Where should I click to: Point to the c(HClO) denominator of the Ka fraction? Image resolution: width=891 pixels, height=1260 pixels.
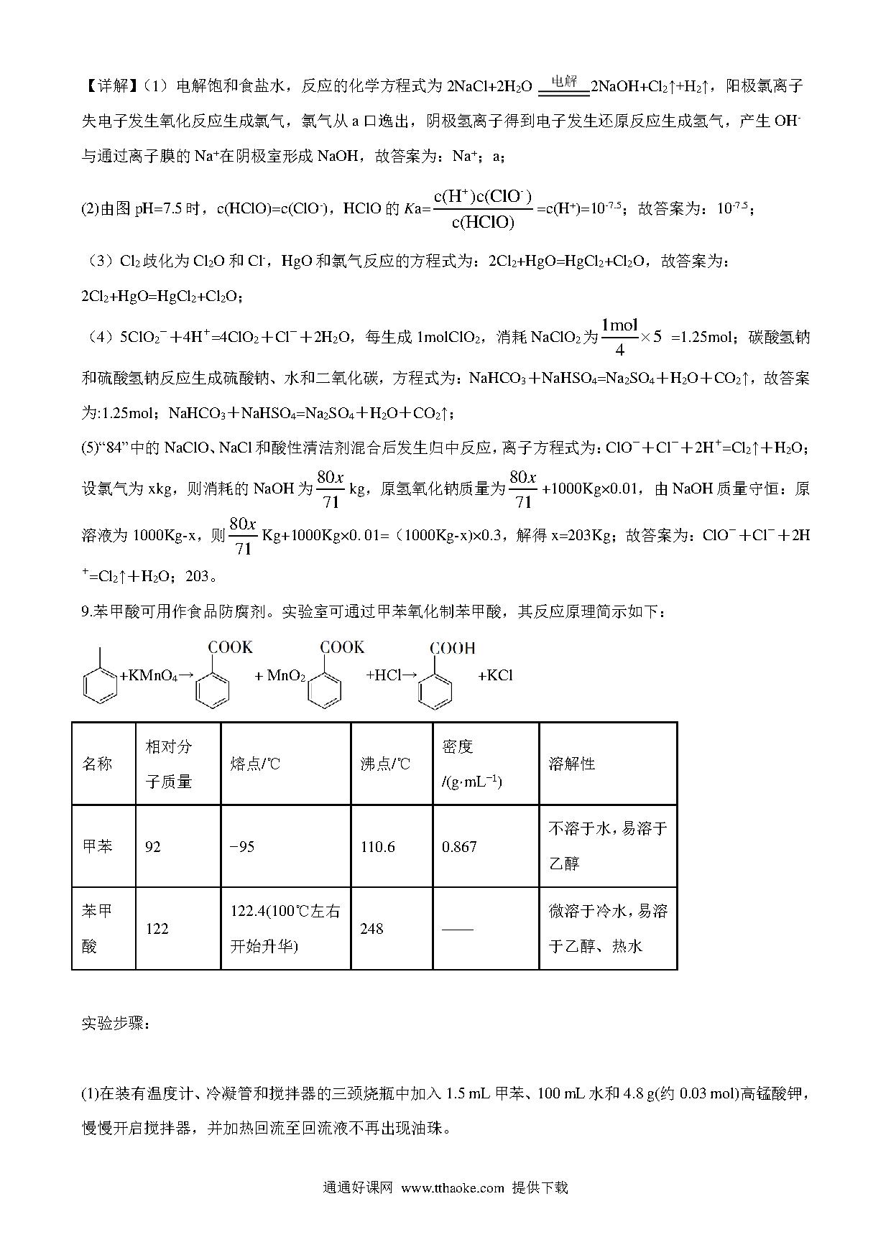click(x=483, y=223)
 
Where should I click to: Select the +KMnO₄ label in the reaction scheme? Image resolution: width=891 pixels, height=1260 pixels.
click(x=149, y=676)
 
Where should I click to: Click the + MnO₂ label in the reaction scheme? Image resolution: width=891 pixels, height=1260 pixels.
click(x=280, y=676)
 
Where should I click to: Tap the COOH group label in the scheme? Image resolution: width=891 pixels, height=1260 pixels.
click(x=452, y=648)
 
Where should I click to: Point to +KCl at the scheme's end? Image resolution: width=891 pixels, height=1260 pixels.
click(x=495, y=676)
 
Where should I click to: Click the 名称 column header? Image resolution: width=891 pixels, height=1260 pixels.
click(x=97, y=764)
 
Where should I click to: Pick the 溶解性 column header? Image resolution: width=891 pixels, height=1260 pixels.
click(x=572, y=764)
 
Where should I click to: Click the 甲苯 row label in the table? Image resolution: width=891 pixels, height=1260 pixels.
click(x=97, y=846)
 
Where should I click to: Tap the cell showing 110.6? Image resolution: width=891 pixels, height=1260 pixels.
click(x=378, y=847)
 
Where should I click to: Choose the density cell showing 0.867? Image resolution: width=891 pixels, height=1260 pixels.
click(x=459, y=847)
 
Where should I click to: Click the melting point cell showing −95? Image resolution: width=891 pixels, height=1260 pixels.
click(x=242, y=847)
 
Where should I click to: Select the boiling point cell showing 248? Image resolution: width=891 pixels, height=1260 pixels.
click(x=371, y=929)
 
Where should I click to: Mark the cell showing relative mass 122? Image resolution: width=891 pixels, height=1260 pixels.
click(x=157, y=929)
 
